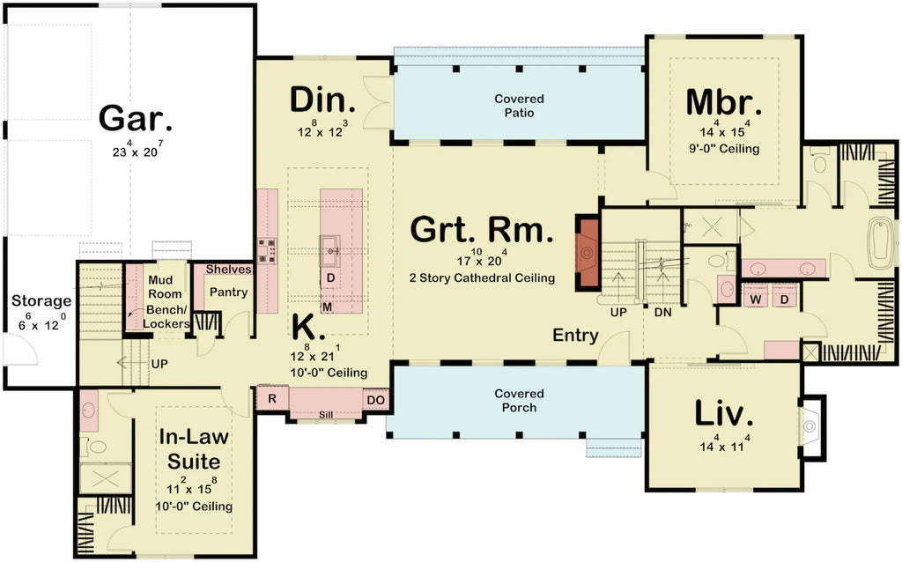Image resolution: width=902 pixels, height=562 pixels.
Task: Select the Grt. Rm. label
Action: pos(483,232)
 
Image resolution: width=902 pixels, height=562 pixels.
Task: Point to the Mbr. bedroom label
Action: pos(723,103)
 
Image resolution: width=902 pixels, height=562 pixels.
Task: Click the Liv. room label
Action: pos(724,413)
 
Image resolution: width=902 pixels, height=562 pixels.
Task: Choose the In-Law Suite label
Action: pos(189,448)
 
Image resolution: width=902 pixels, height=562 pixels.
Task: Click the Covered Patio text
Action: pos(519,106)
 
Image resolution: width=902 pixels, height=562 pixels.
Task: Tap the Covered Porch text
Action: pos(519,401)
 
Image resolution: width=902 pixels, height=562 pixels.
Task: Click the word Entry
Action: pos(575,335)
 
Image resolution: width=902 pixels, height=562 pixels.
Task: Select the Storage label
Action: pos(41,301)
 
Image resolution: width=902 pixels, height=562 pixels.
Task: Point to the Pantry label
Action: pos(228,292)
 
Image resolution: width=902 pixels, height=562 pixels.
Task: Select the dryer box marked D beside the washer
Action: pos(785,299)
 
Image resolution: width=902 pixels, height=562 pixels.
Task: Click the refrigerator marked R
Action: pos(272,399)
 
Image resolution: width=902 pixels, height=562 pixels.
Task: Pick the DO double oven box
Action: pos(375,399)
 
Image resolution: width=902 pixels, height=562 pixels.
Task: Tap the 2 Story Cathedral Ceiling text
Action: pos(481,277)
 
